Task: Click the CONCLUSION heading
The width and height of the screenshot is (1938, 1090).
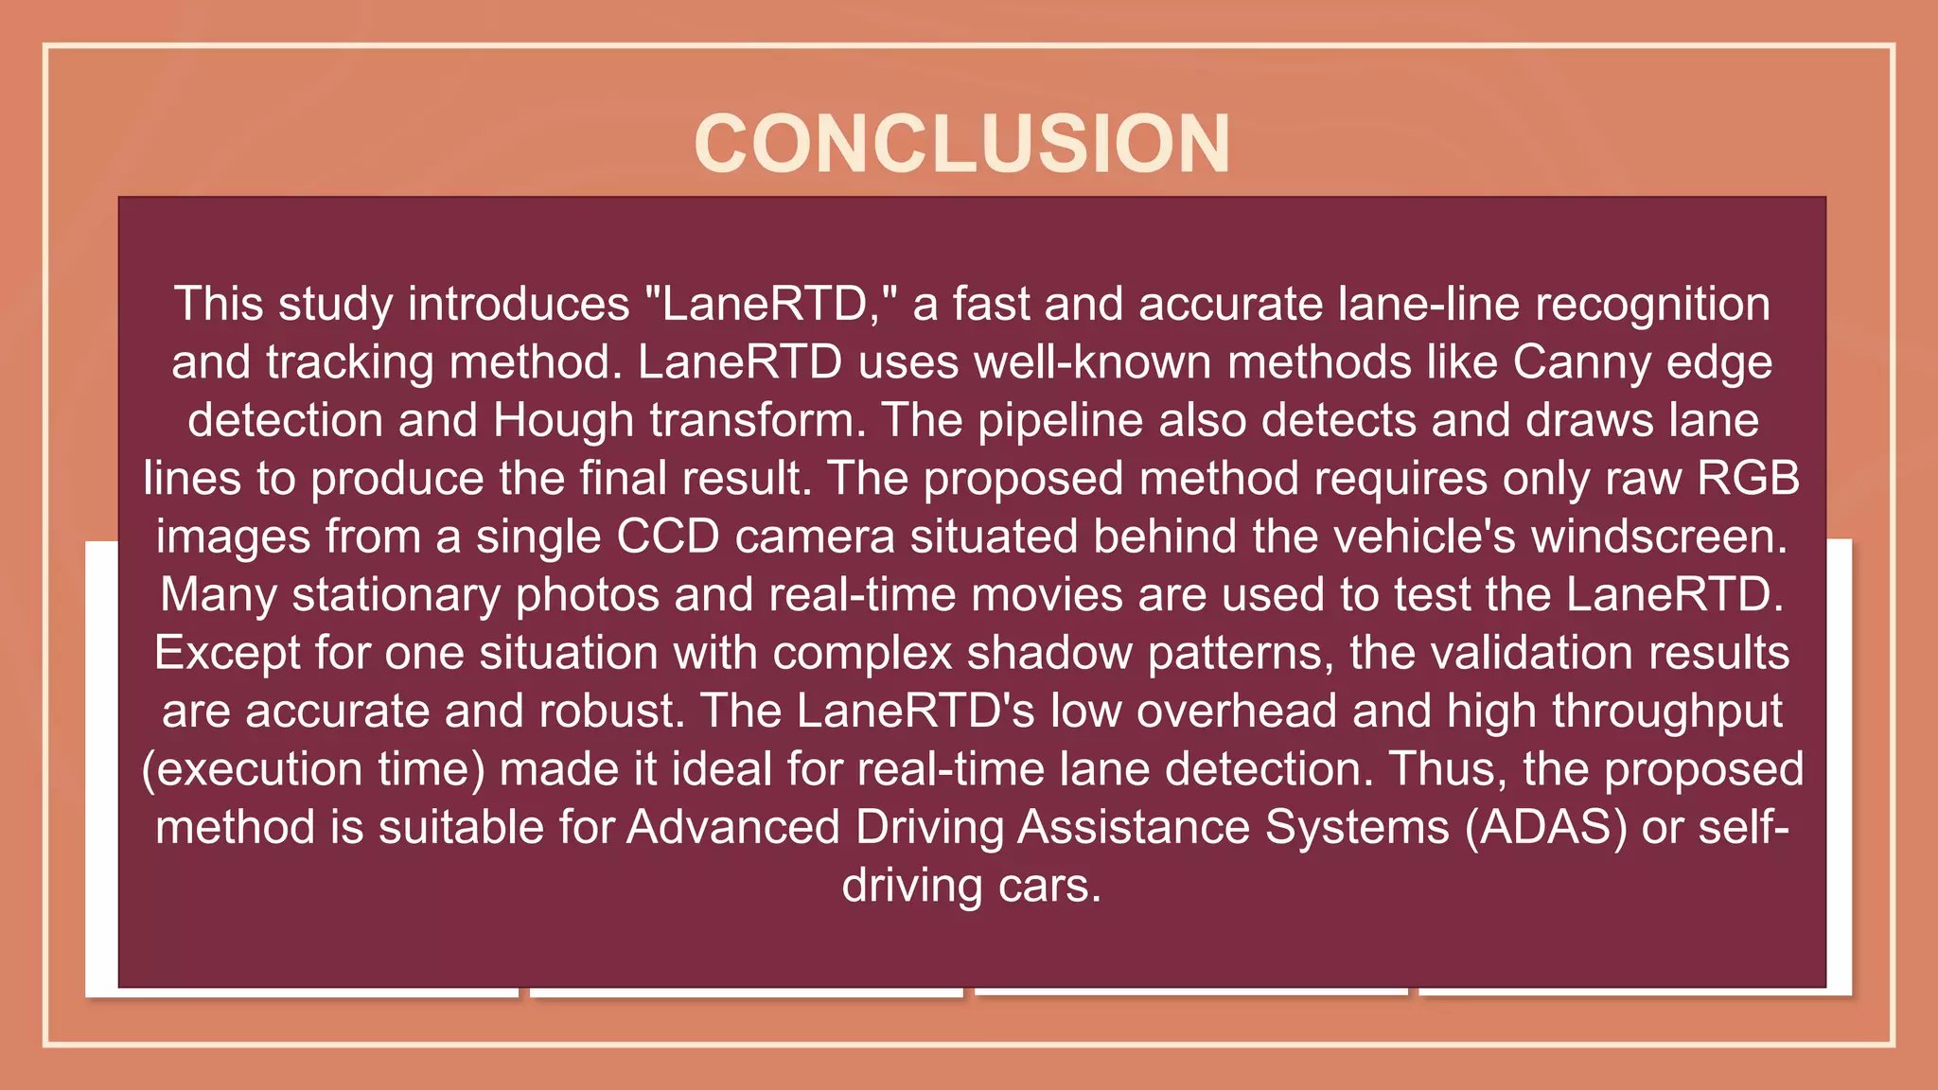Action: click(962, 144)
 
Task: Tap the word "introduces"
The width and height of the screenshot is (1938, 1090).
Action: click(519, 305)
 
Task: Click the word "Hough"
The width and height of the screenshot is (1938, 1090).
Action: click(563, 421)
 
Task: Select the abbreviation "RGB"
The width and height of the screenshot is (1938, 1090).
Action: click(1748, 479)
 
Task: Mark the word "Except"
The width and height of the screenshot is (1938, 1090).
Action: click(227, 654)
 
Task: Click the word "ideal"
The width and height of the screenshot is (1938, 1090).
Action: click(722, 769)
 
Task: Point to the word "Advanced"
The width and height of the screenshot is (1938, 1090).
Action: click(733, 828)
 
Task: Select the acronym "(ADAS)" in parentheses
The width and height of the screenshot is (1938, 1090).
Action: click(1546, 828)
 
